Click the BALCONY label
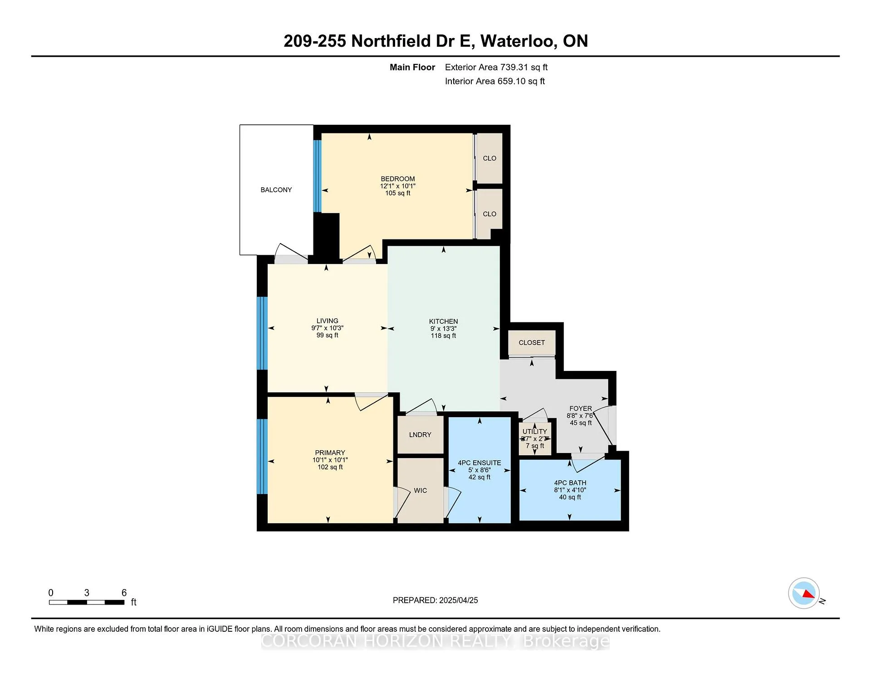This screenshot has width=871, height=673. click(276, 190)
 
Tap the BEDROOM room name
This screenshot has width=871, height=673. click(398, 179)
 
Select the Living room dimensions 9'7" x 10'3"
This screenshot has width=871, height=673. click(327, 328)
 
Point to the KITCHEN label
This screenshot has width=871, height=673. click(443, 321)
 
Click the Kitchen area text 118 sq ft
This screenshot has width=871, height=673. click(443, 336)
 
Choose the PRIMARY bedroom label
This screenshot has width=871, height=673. click(330, 453)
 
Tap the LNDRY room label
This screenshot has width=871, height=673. click(420, 434)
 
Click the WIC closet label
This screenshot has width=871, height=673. click(421, 490)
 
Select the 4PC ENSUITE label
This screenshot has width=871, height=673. click(480, 463)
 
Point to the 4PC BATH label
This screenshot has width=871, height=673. click(570, 483)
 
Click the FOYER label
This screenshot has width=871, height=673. click(581, 408)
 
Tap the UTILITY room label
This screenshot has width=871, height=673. click(535, 431)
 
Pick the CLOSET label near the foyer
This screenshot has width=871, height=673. click(532, 342)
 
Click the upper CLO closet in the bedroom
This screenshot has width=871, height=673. click(489, 158)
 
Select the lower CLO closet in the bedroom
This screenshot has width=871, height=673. click(489, 214)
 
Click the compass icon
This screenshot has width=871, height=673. click(804, 593)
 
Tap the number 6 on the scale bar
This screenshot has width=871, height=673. click(124, 593)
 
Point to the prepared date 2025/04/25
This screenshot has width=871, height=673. click(459, 600)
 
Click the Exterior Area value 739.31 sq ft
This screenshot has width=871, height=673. click(524, 67)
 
